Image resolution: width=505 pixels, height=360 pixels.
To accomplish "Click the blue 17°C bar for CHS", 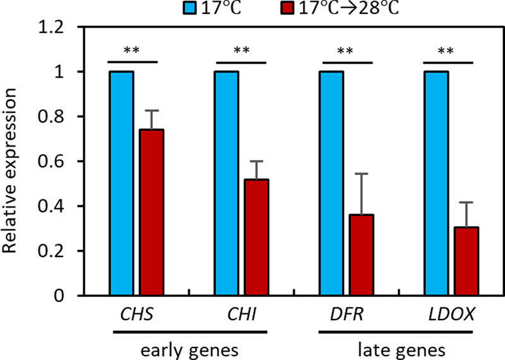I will pyautogui.click(x=121, y=183).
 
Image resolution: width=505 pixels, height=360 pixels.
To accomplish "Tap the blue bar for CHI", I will pyautogui.click(x=227, y=183).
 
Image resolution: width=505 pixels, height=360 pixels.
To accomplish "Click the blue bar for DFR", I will pyautogui.click(x=331, y=183).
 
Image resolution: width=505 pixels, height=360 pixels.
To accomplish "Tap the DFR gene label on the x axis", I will pyautogui.click(x=345, y=313).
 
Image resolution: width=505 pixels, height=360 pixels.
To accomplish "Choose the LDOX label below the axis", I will pyautogui.click(x=451, y=313).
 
